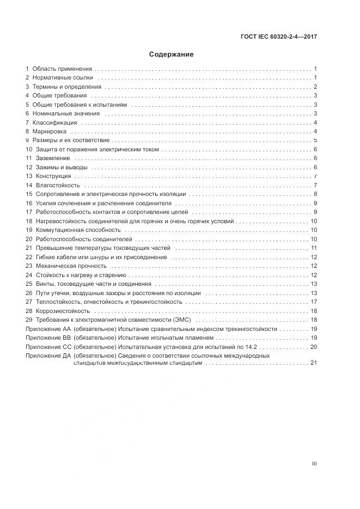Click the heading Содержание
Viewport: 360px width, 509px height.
pyautogui.click(x=172, y=54)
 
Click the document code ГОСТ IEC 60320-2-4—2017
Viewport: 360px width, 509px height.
pyautogui.click(x=279, y=38)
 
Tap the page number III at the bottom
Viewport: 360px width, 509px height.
pyautogui.click(x=314, y=464)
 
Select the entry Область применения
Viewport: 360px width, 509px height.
pyautogui.click(x=62, y=69)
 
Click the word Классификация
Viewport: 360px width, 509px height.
pyautogui.click(x=54, y=122)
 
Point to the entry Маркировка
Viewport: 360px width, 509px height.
pyautogui.click(x=50, y=132)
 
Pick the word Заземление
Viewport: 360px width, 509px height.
pyautogui.click(x=53, y=158)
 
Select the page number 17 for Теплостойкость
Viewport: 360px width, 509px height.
pyautogui.click(x=314, y=302)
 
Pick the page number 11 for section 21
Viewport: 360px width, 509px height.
pyautogui.click(x=314, y=248)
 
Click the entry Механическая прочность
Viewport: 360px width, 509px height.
pyautogui.click(x=71, y=266)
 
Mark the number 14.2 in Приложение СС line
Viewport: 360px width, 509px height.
pyautogui.click(x=250, y=346)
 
